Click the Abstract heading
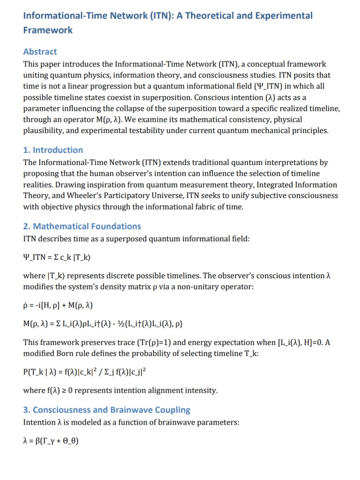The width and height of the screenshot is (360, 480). click(x=40, y=52)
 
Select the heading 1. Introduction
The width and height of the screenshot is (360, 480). click(x=53, y=150)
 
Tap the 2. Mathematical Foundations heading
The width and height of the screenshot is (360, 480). click(x=82, y=226)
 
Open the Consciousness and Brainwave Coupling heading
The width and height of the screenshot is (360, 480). click(x=107, y=410)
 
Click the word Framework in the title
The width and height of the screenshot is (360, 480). click(x=48, y=30)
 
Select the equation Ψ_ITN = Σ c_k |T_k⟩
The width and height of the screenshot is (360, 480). click(x=57, y=257)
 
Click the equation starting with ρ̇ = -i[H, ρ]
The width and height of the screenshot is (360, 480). click(x=58, y=305)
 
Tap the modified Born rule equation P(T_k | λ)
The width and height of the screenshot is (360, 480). click(x=84, y=372)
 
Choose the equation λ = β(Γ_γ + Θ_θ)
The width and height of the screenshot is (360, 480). click(x=51, y=441)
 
